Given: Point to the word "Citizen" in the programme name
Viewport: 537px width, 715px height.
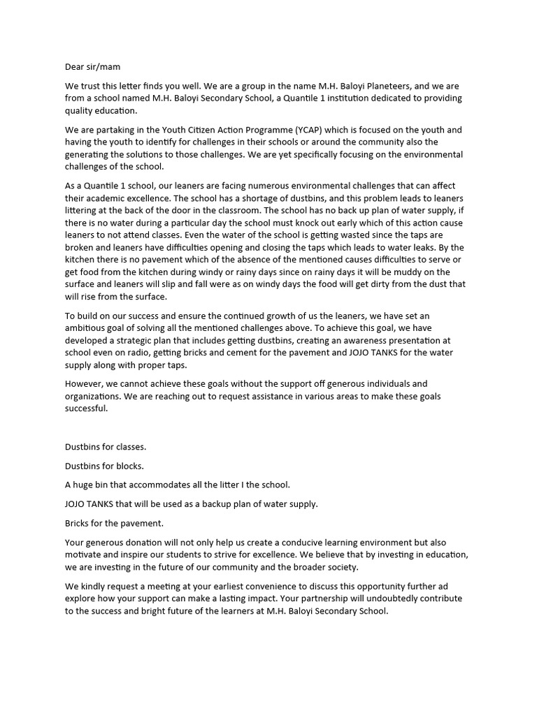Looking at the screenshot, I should click(x=200, y=130).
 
